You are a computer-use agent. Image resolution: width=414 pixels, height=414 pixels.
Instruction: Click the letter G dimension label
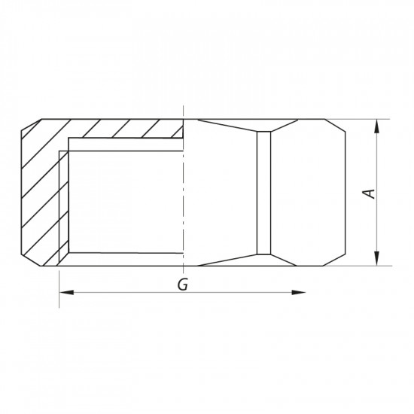point(181,285)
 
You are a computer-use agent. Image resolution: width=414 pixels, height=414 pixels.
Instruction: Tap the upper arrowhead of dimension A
point(375,123)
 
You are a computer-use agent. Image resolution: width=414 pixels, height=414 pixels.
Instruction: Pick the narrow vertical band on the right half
point(263,193)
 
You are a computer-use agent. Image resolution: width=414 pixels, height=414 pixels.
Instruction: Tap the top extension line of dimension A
point(369,119)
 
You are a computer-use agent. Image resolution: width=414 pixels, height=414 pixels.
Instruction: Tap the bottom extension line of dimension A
point(369,266)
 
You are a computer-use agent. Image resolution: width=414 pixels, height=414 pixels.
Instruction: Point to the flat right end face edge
point(349,193)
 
